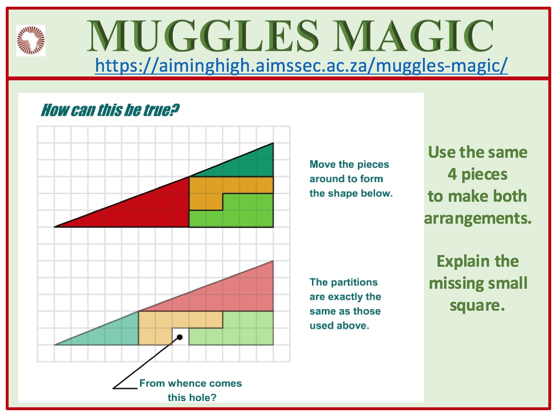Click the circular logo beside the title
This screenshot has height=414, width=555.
click(31, 40)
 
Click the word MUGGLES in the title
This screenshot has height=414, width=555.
click(203, 36)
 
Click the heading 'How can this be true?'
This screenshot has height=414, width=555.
click(110, 110)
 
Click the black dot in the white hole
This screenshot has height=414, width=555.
click(180, 338)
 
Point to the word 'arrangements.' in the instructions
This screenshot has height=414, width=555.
click(478, 218)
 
